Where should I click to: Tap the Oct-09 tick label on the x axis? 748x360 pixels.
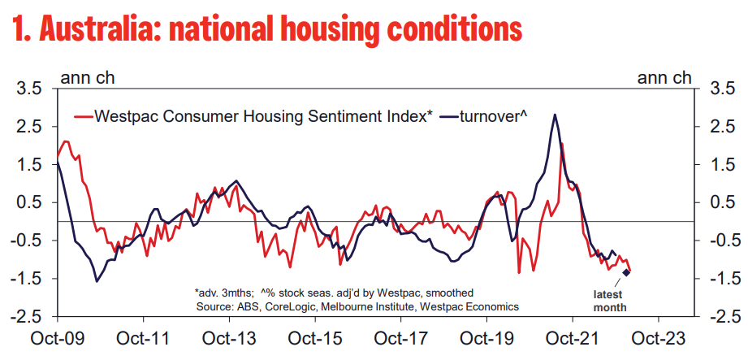(x=58, y=336)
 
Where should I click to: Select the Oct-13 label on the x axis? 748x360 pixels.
(x=229, y=336)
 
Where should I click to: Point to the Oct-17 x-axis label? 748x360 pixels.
(x=400, y=336)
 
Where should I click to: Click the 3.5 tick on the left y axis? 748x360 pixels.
(x=30, y=89)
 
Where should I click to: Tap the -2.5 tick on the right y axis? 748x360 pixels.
(x=721, y=317)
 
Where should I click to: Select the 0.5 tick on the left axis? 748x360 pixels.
(x=30, y=202)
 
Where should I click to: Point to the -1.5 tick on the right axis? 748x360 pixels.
(x=721, y=279)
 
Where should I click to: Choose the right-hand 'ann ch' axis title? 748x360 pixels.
(x=664, y=78)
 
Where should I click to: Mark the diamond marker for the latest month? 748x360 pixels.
(x=626, y=272)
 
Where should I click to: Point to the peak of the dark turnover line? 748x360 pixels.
(x=554, y=115)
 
